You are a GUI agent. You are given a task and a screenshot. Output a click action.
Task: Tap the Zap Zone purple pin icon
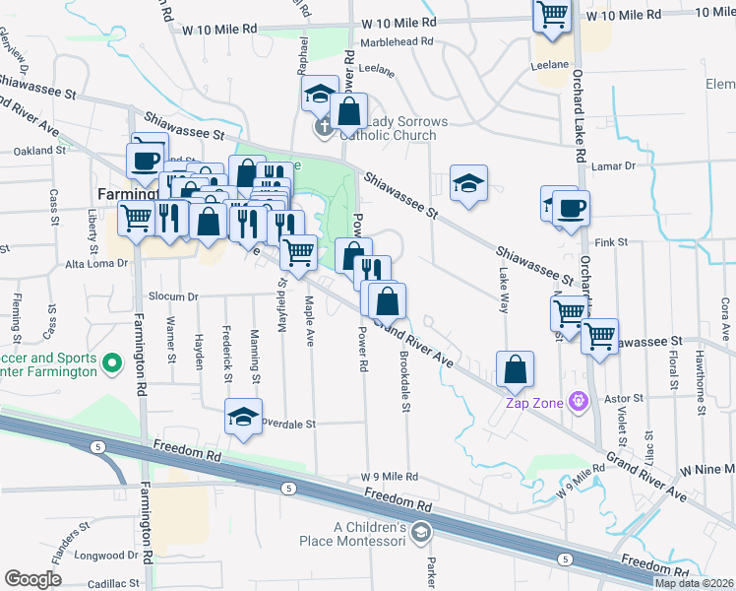point(579,402)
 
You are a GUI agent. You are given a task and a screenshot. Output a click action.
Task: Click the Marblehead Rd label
point(398,42)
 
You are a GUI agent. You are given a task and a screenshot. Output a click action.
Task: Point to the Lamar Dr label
point(616,167)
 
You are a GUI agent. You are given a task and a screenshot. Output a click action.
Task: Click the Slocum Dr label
point(173,295)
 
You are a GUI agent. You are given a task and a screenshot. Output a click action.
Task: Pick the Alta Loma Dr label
point(95,264)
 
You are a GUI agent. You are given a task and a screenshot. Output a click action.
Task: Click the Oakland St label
point(39,151)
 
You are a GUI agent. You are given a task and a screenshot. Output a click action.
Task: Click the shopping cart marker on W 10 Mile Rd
point(553,16)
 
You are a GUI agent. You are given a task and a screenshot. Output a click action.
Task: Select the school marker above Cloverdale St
point(243,418)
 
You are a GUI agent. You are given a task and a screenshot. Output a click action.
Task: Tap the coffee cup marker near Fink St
point(571,209)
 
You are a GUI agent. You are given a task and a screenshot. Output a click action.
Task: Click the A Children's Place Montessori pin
point(421,534)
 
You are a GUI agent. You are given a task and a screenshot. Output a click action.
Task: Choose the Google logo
point(32,579)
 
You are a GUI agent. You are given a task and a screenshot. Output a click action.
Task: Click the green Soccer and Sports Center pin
point(112,363)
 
